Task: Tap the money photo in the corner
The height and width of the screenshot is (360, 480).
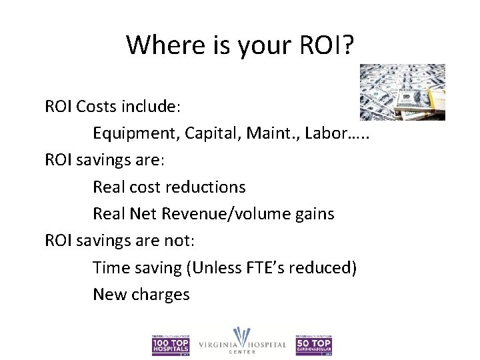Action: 402,92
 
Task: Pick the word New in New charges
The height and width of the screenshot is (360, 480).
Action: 109,294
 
